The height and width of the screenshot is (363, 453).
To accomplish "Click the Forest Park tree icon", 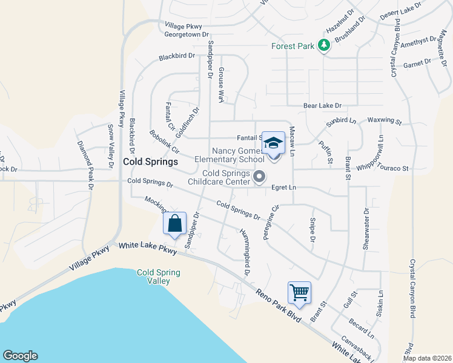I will coord(325,45).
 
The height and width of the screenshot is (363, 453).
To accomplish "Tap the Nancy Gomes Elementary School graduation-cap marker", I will coord(273,143).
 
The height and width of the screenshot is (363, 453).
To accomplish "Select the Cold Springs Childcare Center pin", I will coord(260,177).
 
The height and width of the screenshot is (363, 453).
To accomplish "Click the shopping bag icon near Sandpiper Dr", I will coord(174,223).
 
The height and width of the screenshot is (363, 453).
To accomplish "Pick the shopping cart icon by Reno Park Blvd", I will coord(300,293).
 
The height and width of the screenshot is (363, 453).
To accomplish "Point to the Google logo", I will coord(20,356).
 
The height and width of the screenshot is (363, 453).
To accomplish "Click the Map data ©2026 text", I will coord(428,358).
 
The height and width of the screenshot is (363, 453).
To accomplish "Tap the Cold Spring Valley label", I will coord(159,276).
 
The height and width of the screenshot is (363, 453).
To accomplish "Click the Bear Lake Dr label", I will coord(323,105).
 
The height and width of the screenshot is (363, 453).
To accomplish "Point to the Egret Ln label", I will coord(283,188).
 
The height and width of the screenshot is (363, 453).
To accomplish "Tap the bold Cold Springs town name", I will coord(150,162).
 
